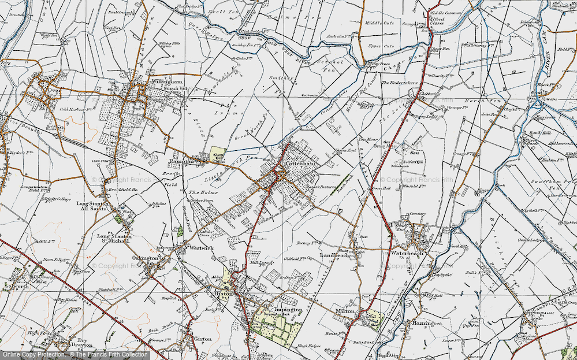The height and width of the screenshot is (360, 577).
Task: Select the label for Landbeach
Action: (336, 255)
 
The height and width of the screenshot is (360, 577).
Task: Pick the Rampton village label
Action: (181, 162)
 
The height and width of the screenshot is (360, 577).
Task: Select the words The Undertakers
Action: (399, 83)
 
